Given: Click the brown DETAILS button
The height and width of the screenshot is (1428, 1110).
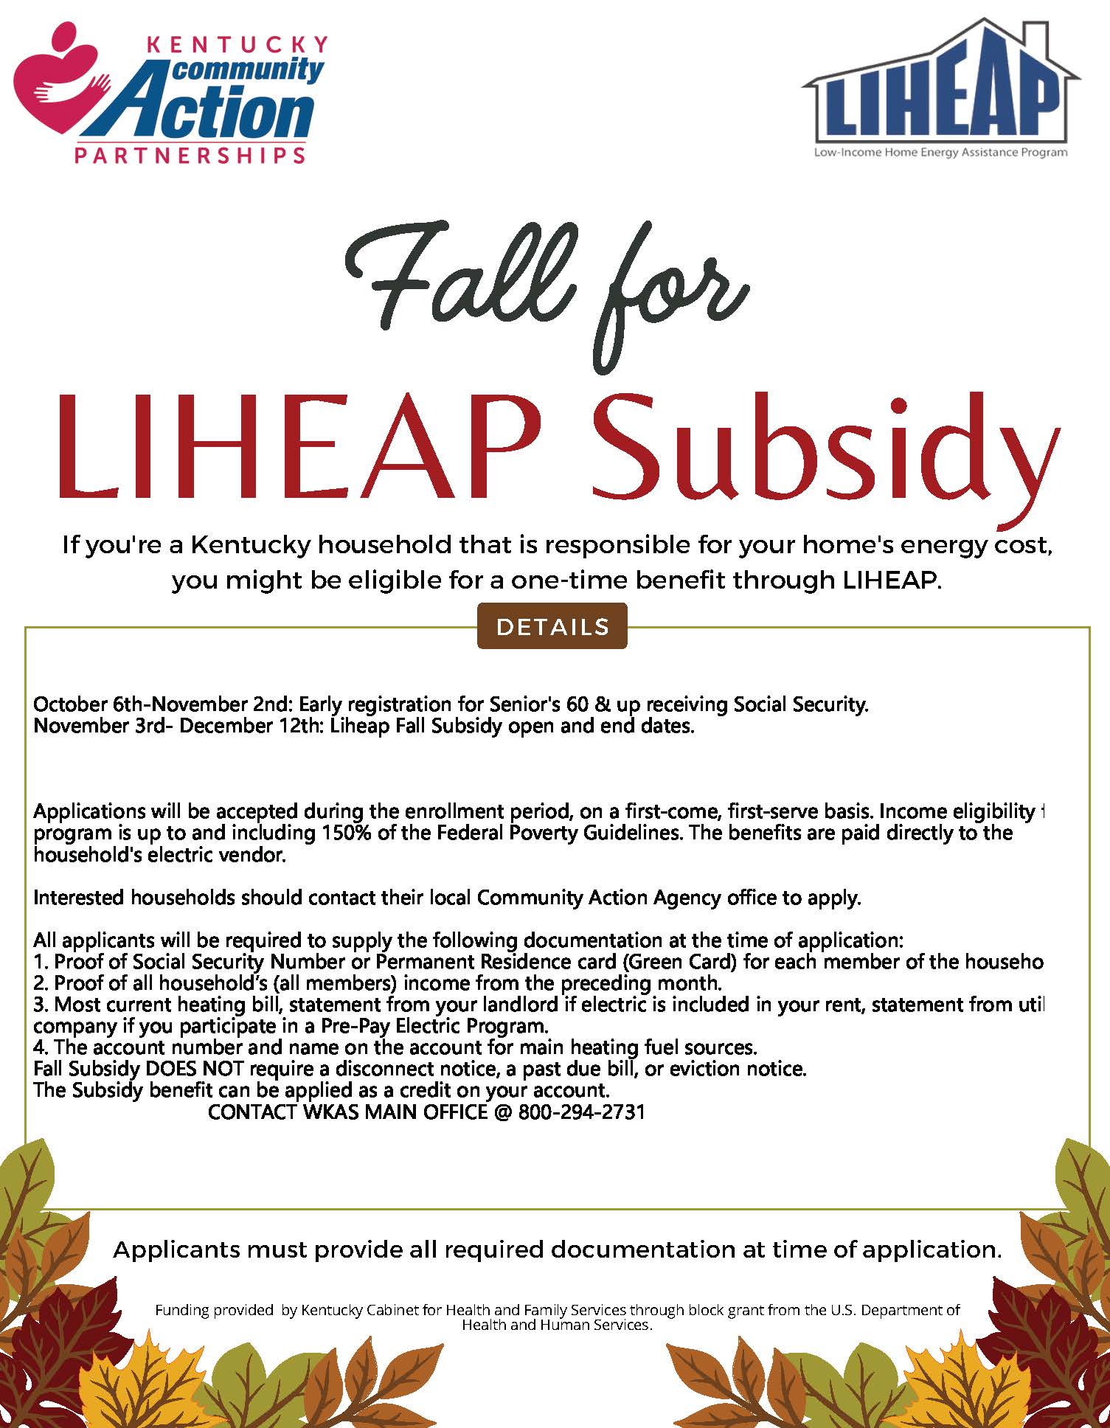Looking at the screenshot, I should (552, 626).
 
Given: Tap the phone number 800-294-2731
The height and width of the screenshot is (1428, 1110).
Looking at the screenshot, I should (582, 1112).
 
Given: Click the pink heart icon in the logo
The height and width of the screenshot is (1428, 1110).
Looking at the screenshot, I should (59, 85).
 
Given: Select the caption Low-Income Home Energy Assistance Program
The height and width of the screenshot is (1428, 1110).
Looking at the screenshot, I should (940, 153).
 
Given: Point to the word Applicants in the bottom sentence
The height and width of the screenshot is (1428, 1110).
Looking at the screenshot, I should (176, 1249).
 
